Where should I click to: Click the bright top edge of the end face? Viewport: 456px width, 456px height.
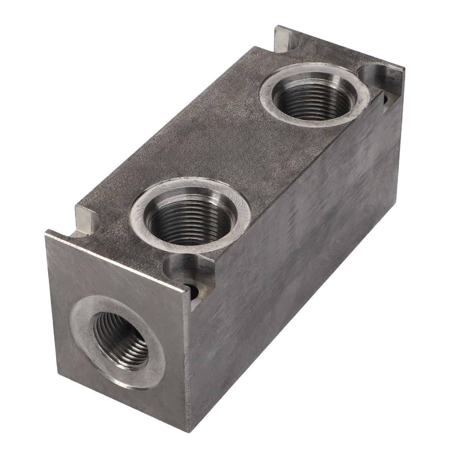116,259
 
